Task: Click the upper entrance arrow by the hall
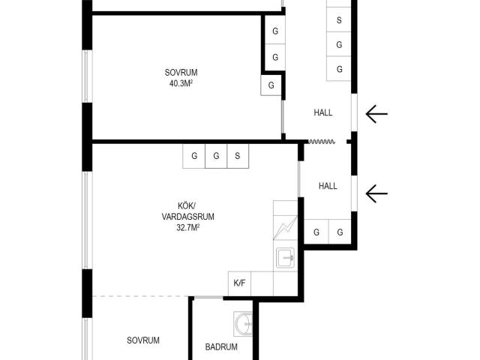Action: pos(376,114)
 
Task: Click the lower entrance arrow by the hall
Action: pos(376,193)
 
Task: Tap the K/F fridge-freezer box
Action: pos(239,283)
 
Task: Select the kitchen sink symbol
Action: pos(285,258)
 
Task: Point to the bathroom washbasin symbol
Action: pos(244,323)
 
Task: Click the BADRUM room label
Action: pos(221,346)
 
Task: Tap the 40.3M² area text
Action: pos(181,83)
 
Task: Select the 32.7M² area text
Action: pos(188,227)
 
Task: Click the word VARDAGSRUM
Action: pos(188,217)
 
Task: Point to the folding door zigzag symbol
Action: pos(322,142)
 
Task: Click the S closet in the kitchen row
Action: pos(238,156)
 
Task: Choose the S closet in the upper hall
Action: pos(339,19)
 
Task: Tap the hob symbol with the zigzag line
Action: pos(285,228)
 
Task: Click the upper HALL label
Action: pos(323,112)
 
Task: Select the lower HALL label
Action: pos(328,186)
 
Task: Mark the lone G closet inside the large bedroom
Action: pos(271,85)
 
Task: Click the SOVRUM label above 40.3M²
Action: pos(181,73)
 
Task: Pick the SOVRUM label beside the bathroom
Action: pos(143,340)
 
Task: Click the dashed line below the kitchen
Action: pos(140,296)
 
